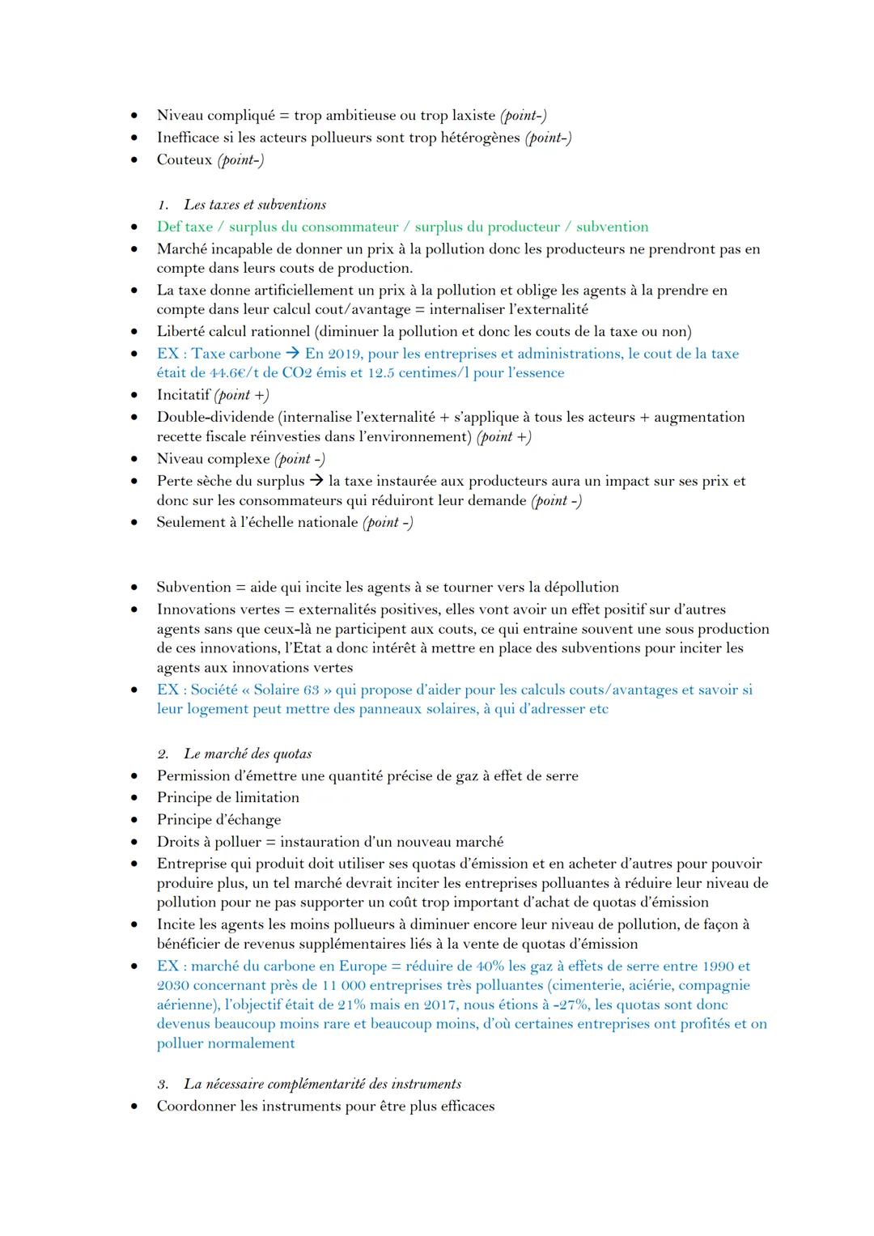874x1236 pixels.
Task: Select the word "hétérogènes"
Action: [x=480, y=138]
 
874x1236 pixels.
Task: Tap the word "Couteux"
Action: [x=184, y=159]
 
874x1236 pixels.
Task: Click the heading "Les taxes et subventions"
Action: [x=255, y=205]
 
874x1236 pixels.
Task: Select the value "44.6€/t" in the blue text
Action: [x=235, y=373]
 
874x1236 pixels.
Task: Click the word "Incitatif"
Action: [x=183, y=395]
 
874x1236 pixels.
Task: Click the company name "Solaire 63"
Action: [x=288, y=690]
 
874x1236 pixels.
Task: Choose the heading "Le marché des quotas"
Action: [x=247, y=754]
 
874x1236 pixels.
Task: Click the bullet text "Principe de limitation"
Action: [x=227, y=797]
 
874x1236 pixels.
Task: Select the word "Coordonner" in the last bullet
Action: [x=196, y=1106]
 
